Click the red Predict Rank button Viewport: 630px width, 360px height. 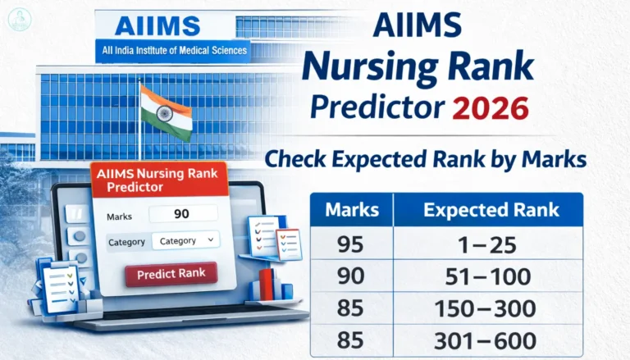click(171, 273)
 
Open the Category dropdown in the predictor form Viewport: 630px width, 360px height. click(185, 240)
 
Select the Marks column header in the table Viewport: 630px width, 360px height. click(352, 209)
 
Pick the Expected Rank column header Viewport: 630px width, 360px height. click(491, 209)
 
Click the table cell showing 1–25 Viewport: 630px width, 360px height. click(490, 244)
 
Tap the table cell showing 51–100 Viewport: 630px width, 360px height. click(490, 276)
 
